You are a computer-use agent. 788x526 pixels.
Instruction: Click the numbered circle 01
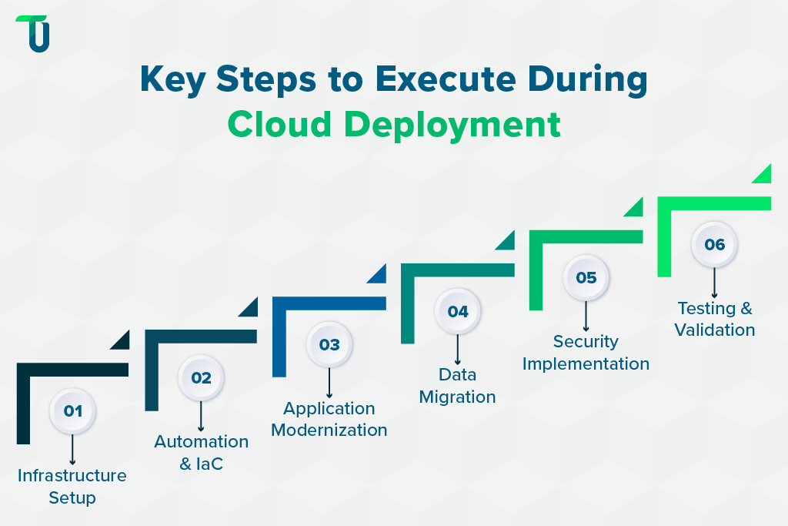pyautogui.click(x=72, y=411)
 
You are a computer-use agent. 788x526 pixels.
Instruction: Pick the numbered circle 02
pyautogui.click(x=201, y=377)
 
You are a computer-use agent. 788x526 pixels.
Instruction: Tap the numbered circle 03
pyautogui.click(x=329, y=344)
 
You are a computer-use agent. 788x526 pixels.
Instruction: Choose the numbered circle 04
pyautogui.click(x=458, y=311)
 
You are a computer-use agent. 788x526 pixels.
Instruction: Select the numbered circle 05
pyautogui.click(x=586, y=277)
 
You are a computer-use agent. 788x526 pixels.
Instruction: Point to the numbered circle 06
pyautogui.click(x=715, y=244)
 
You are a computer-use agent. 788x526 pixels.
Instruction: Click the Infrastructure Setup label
pyautogui.click(x=72, y=486)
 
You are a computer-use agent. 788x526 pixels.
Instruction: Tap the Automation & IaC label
pyautogui.click(x=201, y=453)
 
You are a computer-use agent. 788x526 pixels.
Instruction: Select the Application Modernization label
pyautogui.click(x=329, y=419)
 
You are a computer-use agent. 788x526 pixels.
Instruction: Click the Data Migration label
pyautogui.click(x=458, y=386)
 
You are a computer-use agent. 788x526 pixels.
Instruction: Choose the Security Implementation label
pyautogui.click(x=586, y=352)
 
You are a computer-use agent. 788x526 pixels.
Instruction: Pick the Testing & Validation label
pyautogui.click(x=715, y=319)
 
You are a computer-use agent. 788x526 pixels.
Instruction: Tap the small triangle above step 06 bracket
pyautogui.click(x=763, y=175)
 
